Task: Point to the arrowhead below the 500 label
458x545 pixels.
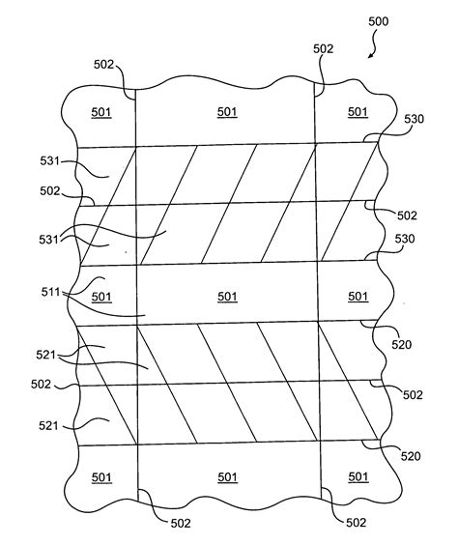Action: [369, 56]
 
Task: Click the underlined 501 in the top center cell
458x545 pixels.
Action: [227, 112]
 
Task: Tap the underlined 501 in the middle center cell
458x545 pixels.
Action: [227, 296]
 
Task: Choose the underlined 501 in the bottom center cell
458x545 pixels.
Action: [227, 476]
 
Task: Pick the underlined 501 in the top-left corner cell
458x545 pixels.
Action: [101, 112]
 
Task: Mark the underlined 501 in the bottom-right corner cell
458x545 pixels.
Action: [358, 476]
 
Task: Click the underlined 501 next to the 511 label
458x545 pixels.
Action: [101, 297]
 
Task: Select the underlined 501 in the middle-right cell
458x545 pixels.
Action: [358, 296]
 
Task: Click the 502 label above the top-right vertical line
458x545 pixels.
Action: [324, 48]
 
